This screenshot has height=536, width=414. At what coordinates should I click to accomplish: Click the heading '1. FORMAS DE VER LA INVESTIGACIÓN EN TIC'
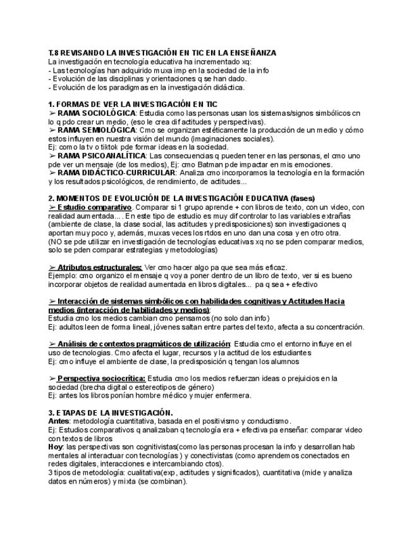pyautogui.click(x=133, y=104)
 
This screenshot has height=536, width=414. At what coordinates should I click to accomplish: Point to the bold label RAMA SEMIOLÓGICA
pyautogui.click(x=96, y=130)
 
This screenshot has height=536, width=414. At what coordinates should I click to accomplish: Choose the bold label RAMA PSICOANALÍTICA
pyautogui.click(x=100, y=155)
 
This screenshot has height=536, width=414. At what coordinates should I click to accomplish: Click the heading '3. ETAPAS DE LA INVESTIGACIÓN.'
pyautogui.click(x=111, y=413)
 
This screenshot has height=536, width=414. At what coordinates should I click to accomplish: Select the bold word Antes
pyautogui.click(x=58, y=421)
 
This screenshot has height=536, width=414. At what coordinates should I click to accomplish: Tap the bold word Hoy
pyautogui.click(x=55, y=446)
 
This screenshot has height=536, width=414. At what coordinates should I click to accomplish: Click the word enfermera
pyautogui.click(x=232, y=396)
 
